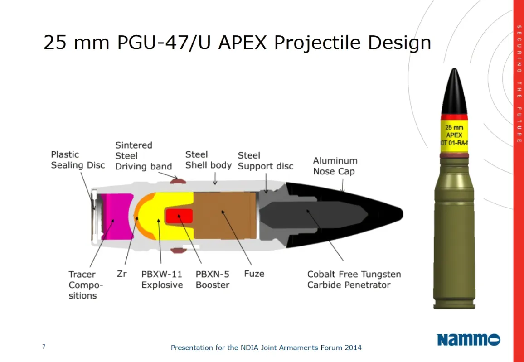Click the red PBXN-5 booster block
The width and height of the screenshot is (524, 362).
[179, 216]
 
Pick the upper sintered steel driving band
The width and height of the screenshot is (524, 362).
[178, 181]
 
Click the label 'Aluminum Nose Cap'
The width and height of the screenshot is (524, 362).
[335, 166]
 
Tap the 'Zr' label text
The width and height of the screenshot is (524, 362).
[122, 274]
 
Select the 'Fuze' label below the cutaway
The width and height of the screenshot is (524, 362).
[254, 274]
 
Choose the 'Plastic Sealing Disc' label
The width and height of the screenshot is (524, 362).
[78, 160]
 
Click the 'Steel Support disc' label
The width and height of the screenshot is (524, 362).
[266, 161]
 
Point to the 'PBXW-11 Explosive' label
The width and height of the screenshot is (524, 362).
[162, 280]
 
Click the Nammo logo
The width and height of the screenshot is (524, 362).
[469, 340]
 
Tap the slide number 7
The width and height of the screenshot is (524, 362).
[44, 346]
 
